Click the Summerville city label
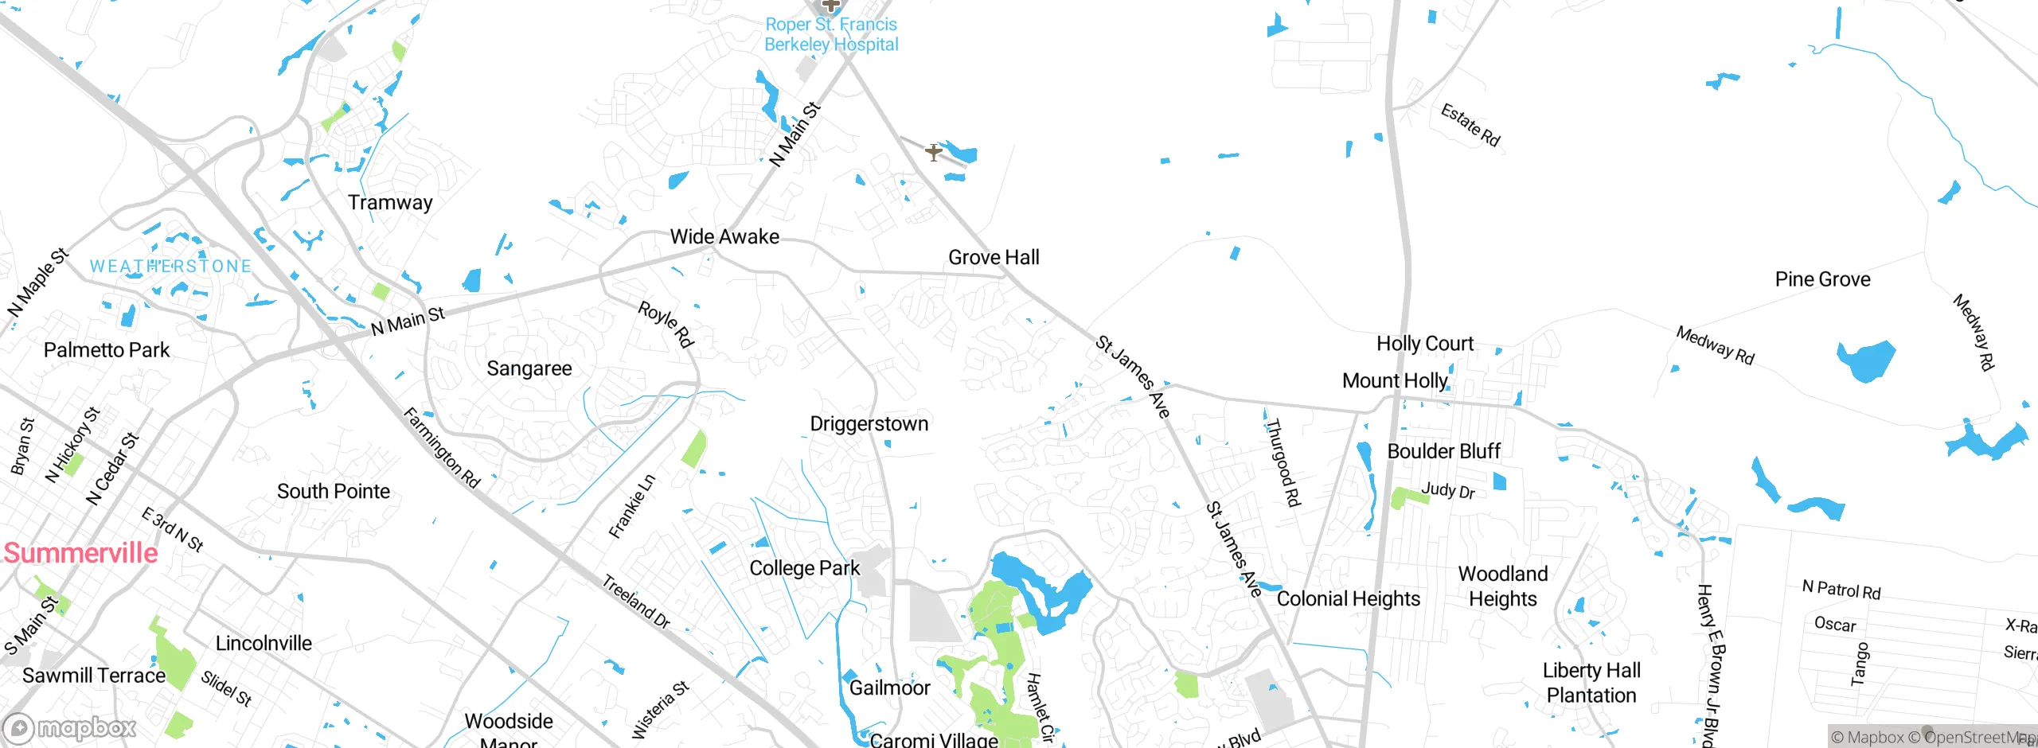80,553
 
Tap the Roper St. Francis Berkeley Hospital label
831,35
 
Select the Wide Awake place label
724,237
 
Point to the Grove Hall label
994,258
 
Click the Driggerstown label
869,424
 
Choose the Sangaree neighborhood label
529,368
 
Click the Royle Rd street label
666,324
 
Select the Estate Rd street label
1470,126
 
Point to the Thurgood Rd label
1283,463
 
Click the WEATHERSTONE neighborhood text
170,267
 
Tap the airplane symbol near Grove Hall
933,151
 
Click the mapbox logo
70,728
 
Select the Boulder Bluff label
1443,452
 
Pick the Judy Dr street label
1447,491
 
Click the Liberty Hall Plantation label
1591,683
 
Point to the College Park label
804,568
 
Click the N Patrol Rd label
1841,590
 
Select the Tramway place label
390,203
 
